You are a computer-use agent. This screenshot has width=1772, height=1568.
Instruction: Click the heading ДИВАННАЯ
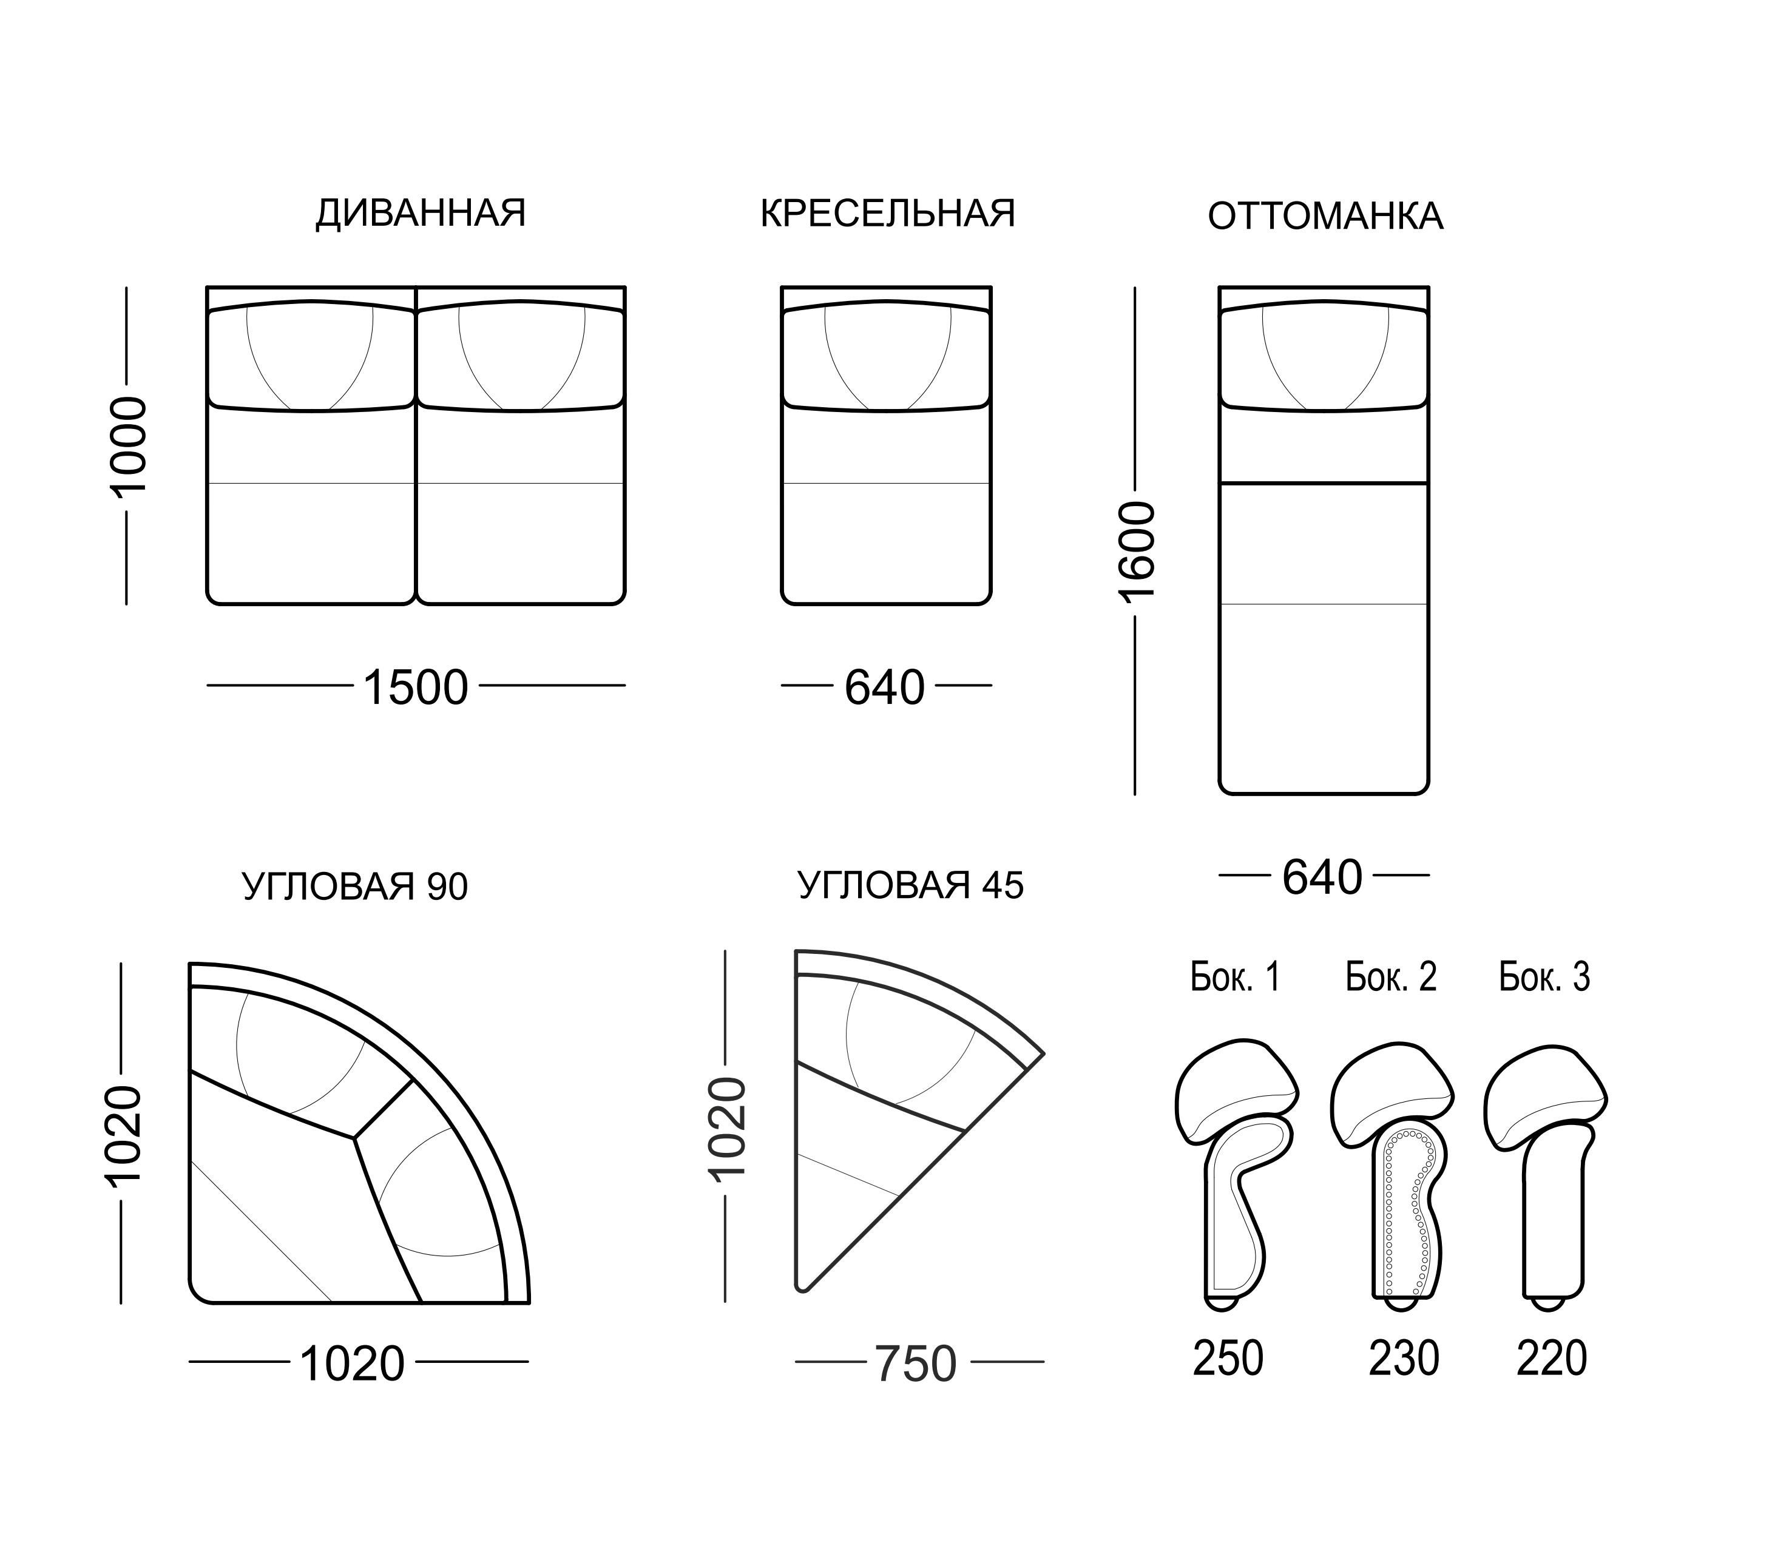(x=421, y=213)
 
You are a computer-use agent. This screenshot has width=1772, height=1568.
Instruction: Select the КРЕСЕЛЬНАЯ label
(x=888, y=213)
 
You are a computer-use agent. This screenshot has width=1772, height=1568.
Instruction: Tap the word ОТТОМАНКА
(x=1325, y=217)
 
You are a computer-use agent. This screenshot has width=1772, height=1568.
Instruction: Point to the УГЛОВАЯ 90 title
(x=354, y=887)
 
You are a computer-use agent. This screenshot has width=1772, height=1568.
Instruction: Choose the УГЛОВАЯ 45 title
(x=910, y=885)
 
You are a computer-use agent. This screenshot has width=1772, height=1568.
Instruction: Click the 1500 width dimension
(x=415, y=688)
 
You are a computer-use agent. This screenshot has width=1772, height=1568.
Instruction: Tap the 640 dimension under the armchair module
(x=885, y=688)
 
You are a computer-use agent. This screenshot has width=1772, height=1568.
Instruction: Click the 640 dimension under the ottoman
(x=1323, y=877)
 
